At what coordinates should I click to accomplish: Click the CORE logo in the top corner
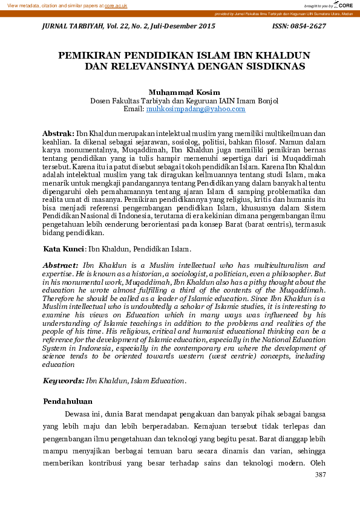tap(343, 5)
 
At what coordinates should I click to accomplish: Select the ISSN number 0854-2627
tap(307, 26)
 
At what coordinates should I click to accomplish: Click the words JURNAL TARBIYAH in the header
tap(68, 26)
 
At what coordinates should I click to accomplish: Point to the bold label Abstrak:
tap(58, 132)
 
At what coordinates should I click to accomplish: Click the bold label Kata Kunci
tap(64, 248)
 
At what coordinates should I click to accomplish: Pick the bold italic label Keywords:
tap(63, 381)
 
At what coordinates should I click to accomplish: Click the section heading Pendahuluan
tap(68, 401)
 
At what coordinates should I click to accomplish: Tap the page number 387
tap(321, 475)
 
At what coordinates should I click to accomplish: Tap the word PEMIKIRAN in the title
tap(91, 55)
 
